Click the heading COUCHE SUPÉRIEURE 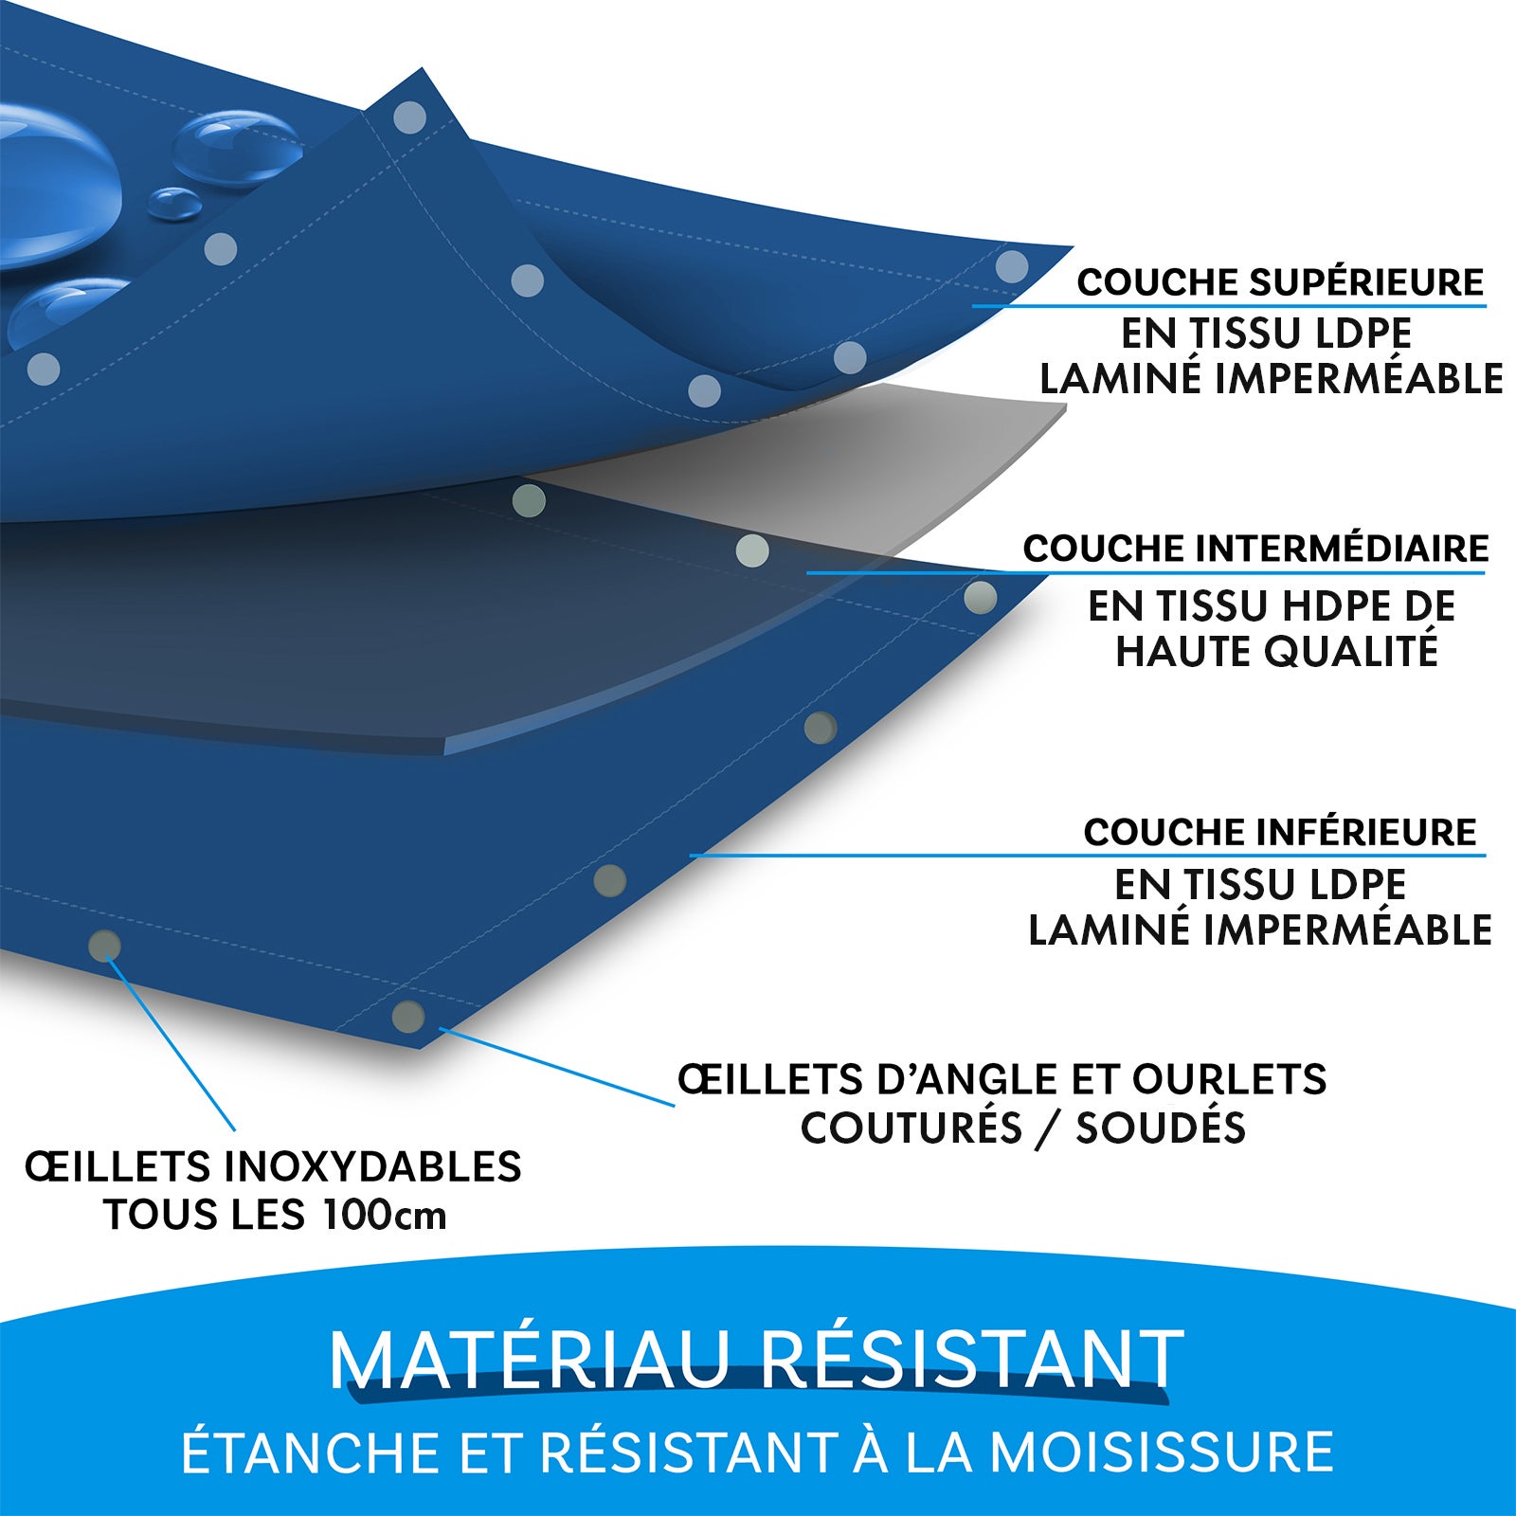coord(1280,282)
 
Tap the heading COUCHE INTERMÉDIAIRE coord(1255,549)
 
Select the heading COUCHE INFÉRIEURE coord(1280,833)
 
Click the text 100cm coord(385,1215)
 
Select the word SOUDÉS coord(1161,1128)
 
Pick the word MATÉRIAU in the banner coord(531,1361)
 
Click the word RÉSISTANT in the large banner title coord(972,1361)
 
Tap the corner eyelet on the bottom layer coord(408,1016)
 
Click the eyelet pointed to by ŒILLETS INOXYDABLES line coord(104,945)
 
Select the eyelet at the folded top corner coord(409,118)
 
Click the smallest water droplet coord(174,202)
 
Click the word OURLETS coord(1230,1079)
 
